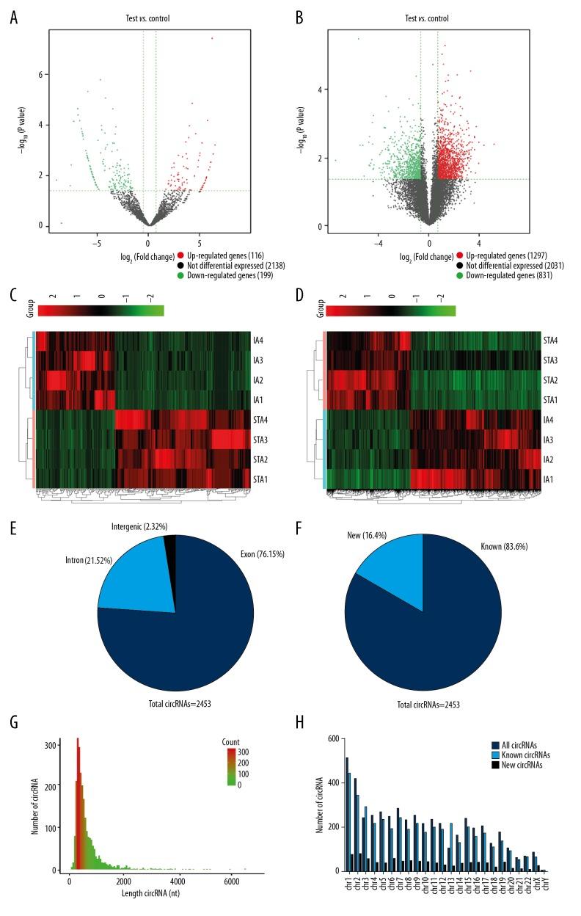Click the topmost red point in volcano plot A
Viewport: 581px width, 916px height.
click(x=212, y=38)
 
